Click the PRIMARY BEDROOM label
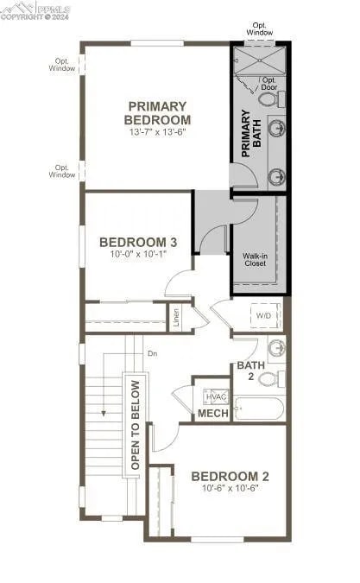[x=157, y=112]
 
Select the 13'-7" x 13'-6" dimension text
[x=157, y=133]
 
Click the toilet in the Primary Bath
[x=268, y=99]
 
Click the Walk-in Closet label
[x=254, y=259]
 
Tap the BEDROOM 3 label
[x=139, y=242]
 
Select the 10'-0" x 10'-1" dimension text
[x=139, y=256]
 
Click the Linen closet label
[x=176, y=318]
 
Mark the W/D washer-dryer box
[x=263, y=316]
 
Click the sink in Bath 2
[x=276, y=349]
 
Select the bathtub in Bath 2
[x=259, y=408]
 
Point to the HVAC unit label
[x=216, y=397]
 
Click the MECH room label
[x=213, y=415]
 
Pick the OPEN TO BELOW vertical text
[x=135, y=424]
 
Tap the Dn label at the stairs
[x=152, y=353]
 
